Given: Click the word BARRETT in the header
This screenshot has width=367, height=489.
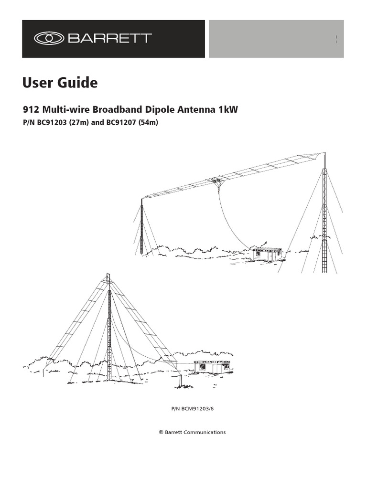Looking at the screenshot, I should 110,38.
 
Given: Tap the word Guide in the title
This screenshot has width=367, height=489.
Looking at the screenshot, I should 76,83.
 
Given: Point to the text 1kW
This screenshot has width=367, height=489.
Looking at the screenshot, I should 227,110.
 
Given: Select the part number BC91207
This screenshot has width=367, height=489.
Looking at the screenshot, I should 119,122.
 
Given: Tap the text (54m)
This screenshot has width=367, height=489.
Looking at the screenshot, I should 148,122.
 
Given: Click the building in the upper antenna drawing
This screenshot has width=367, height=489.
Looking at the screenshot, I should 267,254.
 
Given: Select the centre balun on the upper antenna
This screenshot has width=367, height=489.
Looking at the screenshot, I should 215,181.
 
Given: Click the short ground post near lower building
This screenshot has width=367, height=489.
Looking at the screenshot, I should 180,381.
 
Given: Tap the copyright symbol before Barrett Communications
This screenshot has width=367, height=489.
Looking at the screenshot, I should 161,432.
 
